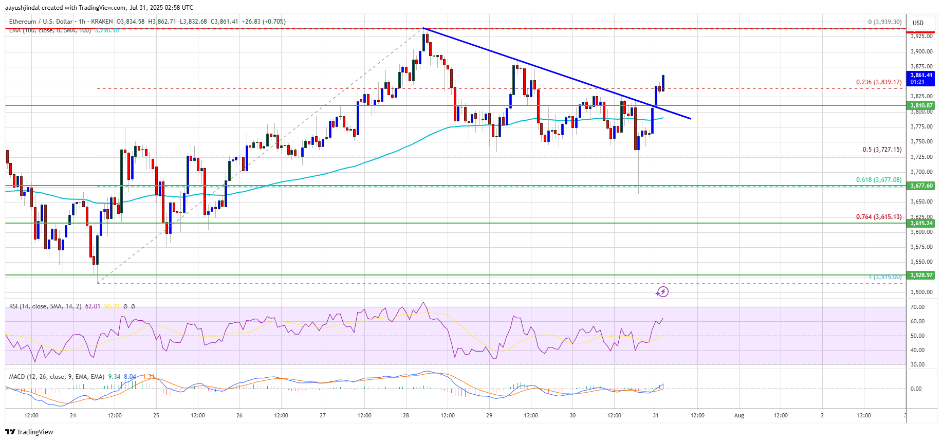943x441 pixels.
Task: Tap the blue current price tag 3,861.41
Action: click(x=921, y=76)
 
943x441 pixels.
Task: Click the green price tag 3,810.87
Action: click(x=921, y=105)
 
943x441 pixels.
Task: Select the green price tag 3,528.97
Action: click(x=921, y=275)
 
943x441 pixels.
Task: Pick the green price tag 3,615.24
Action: click(x=921, y=223)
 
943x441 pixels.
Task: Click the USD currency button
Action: click(x=918, y=23)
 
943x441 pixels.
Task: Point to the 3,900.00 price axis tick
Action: click(x=921, y=51)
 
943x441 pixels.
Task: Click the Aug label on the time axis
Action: click(x=739, y=415)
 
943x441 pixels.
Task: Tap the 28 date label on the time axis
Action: click(x=406, y=415)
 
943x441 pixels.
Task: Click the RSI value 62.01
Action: click(x=93, y=306)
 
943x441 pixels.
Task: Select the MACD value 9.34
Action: click(x=114, y=377)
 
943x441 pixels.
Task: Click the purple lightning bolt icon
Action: click(x=663, y=292)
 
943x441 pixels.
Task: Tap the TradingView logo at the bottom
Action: click(x=29, y=432)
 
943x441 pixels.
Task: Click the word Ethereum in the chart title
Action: click(x=23, y=22)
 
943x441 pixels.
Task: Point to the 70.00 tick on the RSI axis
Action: click(x=917, y=307)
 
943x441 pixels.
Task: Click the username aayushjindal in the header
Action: click(x=24, y=8)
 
